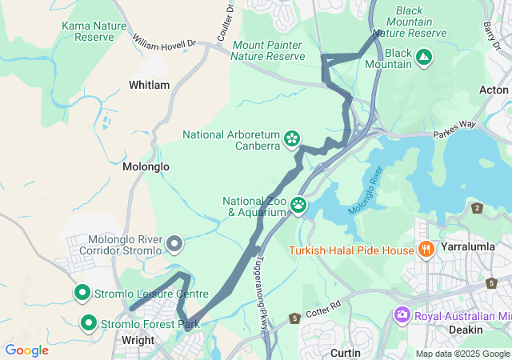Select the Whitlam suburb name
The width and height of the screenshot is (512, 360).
point(149,85)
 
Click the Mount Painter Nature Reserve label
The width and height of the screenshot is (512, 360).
point(268,50)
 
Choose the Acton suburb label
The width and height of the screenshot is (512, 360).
point(494,90)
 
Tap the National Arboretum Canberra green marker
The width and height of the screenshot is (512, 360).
point(293,139)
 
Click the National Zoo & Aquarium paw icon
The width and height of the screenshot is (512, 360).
point(298,205)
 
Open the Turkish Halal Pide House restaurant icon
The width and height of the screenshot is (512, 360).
point(426,249)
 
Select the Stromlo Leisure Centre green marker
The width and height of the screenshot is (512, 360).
point(82,293)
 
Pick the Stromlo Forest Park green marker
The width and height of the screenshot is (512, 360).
point(89,323)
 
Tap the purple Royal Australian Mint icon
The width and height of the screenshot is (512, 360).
point(402,315)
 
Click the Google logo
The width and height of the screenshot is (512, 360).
point(26,350)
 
